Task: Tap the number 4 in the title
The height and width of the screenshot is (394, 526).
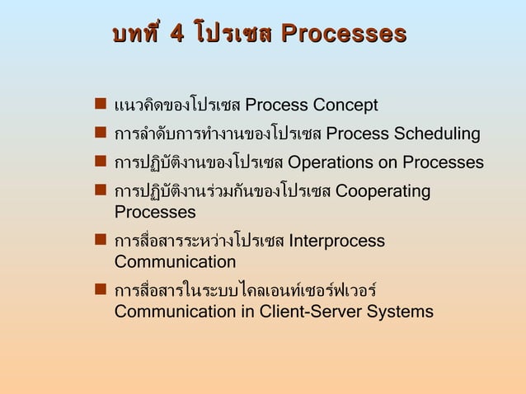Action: point(176,34)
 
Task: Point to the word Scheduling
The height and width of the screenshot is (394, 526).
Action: point(437,134)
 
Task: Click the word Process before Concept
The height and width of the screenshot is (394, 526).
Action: point(277,106)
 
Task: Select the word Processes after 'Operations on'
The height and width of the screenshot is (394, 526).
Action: point(442,162)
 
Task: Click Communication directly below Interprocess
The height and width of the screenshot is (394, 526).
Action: point(175,262)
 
